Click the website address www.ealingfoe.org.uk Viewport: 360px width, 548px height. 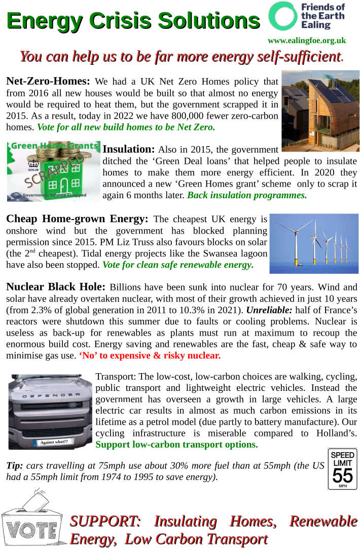pos(307,41)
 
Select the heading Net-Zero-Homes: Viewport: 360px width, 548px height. pos(48,81)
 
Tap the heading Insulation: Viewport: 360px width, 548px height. pos(128,149)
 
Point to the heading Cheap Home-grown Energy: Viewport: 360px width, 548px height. pos(77,219)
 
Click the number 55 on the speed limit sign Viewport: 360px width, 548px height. pos(342,475)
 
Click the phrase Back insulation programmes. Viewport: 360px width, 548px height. pos(247,195)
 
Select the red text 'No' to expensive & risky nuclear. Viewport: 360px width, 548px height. pos(150,355)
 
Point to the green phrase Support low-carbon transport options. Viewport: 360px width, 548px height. pos(176,444)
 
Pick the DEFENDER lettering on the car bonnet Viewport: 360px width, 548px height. pos(51,395)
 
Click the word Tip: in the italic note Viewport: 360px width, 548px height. pos(14,465)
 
